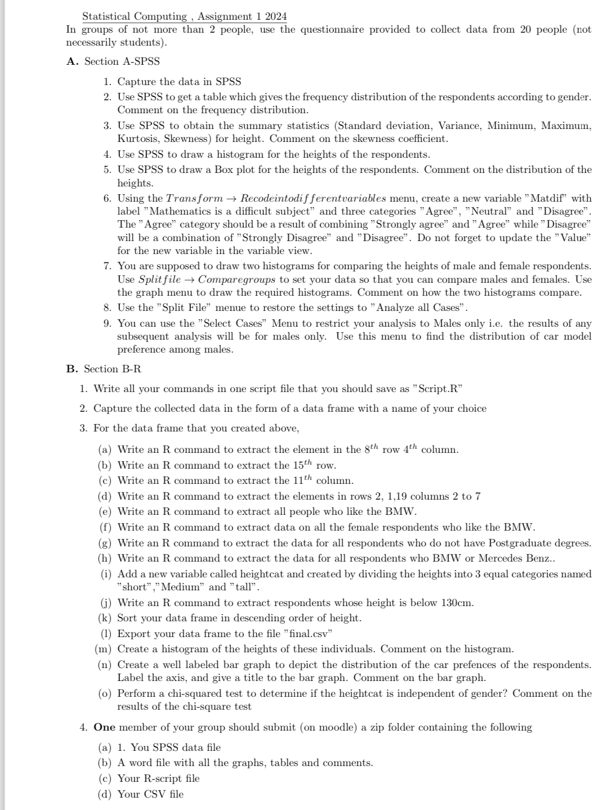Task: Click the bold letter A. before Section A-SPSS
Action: (72, 61)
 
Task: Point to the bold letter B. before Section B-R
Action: (72, 369)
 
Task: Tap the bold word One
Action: (104, 727)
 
